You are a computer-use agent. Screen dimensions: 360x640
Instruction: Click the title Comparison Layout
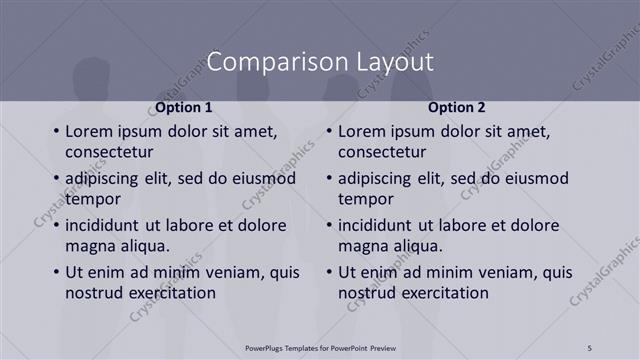coord(319,62)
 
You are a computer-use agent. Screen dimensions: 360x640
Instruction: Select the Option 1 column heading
coord(184,107)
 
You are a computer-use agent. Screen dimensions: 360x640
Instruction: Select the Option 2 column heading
coord(457,107)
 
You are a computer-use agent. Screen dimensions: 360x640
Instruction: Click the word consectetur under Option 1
coord(109,152)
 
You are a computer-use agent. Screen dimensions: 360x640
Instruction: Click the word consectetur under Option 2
coord(382,152)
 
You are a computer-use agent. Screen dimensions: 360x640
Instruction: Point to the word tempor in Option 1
coord(93,199)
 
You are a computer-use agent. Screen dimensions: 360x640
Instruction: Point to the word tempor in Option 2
coord(366,199)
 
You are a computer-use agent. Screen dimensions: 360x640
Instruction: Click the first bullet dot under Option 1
coord(55,132)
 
